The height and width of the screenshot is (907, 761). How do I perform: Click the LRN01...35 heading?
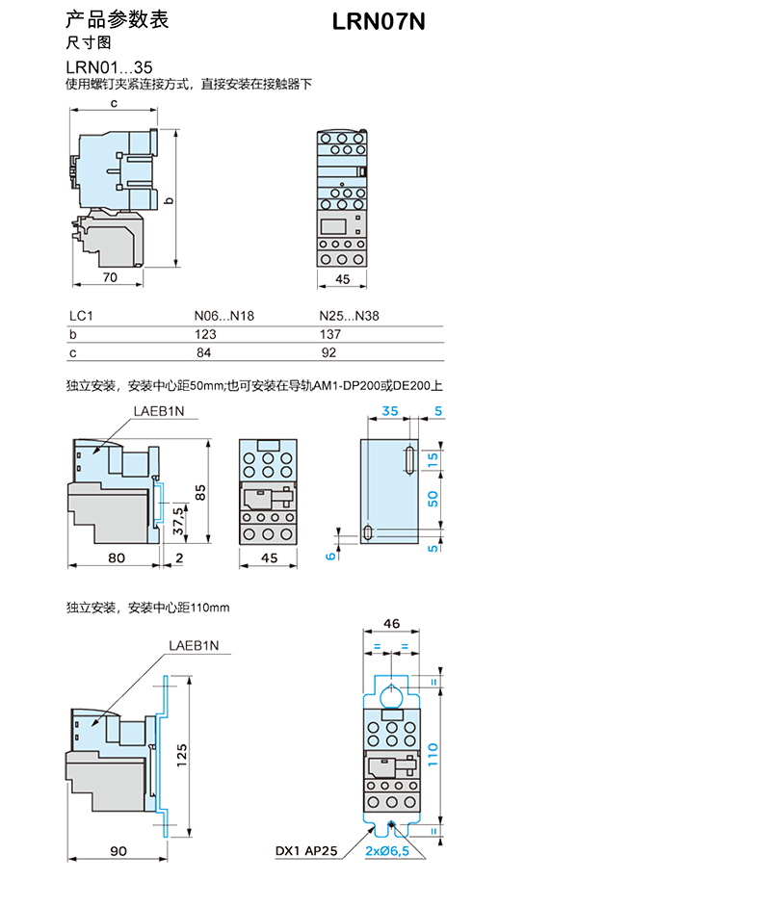108,67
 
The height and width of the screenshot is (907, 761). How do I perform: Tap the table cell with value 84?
205,353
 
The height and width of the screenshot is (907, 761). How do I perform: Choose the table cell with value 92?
329,353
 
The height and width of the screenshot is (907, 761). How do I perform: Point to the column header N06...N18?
224,316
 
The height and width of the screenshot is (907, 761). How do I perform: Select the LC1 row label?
78,316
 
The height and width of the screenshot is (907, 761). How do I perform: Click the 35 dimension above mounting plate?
388,410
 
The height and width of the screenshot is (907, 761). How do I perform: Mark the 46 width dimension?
392,624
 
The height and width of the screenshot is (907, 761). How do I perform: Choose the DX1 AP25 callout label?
306,852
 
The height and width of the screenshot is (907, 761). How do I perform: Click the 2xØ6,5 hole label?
388,852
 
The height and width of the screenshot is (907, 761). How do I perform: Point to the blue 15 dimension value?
433,460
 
